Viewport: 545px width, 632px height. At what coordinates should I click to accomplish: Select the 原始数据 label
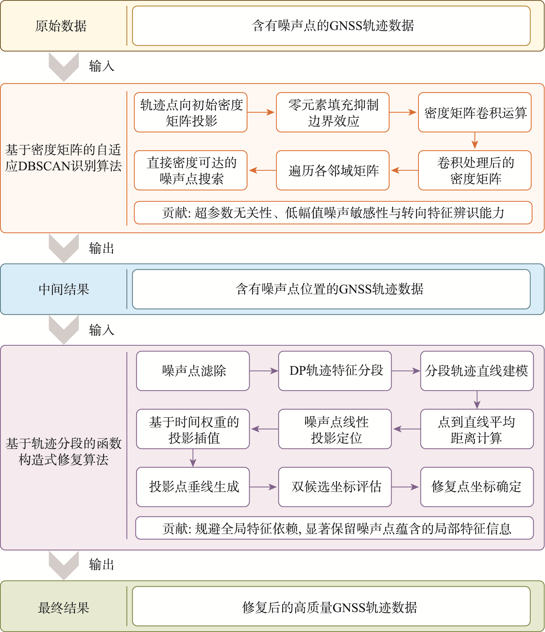(x=61, y=26)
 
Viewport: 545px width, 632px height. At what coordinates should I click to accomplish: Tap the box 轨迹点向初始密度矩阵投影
(x=191, y=113)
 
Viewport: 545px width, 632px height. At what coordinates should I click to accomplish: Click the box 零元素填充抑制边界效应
(x=333, y=113)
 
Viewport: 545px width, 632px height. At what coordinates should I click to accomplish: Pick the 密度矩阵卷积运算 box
(x=475, y=113)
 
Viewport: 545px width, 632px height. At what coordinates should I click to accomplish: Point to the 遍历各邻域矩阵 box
(x=333, y=170)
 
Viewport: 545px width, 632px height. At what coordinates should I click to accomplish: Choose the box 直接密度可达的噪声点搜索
(x=191, y=170)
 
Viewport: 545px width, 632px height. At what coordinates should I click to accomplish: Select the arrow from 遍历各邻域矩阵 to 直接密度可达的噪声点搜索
(x=262, y=170)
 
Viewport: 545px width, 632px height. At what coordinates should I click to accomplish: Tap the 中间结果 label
(x=64, y=289)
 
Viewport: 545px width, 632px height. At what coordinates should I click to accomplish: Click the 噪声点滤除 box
(x=193, y=371)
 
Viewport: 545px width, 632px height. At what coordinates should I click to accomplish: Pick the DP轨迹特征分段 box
(x=335, y=371)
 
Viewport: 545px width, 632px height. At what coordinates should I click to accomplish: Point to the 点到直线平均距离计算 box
(x=477, y=429)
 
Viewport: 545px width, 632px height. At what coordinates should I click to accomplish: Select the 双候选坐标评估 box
(x=335, y=487)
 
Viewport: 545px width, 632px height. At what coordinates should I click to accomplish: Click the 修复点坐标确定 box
(x=477, y=487)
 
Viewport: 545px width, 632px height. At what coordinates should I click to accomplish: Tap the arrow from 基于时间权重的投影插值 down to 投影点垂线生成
(x=193, y=458)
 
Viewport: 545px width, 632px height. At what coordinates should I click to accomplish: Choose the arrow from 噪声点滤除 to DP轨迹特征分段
(x=264, y=371)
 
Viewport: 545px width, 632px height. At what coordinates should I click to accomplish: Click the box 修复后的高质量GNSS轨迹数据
(x=331, y=606)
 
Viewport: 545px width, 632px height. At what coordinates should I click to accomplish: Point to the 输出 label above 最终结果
(x=102, y=564)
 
